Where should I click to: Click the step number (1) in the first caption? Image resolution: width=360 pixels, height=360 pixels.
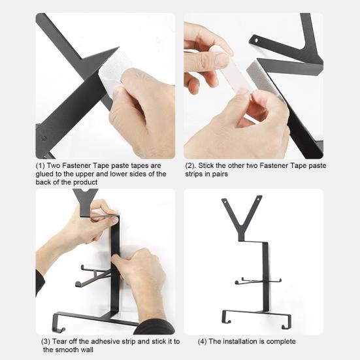41,165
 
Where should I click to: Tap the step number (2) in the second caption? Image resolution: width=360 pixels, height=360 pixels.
191,165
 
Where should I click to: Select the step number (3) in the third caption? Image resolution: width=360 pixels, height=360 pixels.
46,342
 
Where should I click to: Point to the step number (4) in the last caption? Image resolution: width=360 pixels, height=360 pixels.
203,342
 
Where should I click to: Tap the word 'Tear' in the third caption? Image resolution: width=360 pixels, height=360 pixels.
59,342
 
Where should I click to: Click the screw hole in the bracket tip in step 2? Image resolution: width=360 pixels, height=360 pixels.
257,41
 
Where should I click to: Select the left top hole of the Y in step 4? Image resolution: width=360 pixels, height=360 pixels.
225,201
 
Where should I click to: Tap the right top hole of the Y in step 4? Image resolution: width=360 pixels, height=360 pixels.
259,198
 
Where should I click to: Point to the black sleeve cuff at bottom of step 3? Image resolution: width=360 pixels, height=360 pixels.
154,327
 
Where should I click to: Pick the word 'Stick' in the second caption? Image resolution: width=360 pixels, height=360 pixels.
206,165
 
